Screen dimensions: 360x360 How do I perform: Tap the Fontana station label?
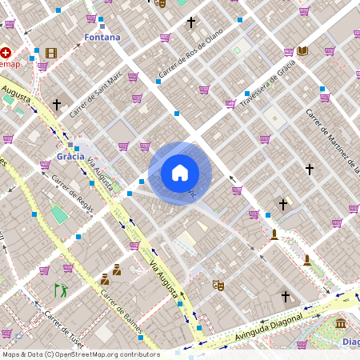pyautogui.click(x=102, y=38)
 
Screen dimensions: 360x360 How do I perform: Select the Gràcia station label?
pyautogui.click(x=70, y=156)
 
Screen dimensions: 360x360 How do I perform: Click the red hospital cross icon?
pyautogui.click(x=6, y=52)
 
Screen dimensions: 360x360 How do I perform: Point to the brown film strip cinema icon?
pyautogui.click(x=51, y=54)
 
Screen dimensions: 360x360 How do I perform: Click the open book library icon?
pyautogui.click(x=302, y=51)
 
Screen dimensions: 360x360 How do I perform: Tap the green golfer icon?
pyautogui.click(x=60, y=290)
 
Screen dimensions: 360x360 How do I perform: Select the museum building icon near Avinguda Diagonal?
pyautogui.click(x=342, y=324)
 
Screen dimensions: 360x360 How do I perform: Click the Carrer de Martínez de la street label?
pyautogui.click(x=333, y=141)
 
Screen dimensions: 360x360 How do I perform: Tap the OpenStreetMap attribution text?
pyautogui.click(x=81, y=354)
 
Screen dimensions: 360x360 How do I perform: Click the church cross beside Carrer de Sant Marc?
pyautogui.click(x=57, y=105)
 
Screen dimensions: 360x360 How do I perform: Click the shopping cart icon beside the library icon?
pyautogui.click(x=289, y=52)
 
